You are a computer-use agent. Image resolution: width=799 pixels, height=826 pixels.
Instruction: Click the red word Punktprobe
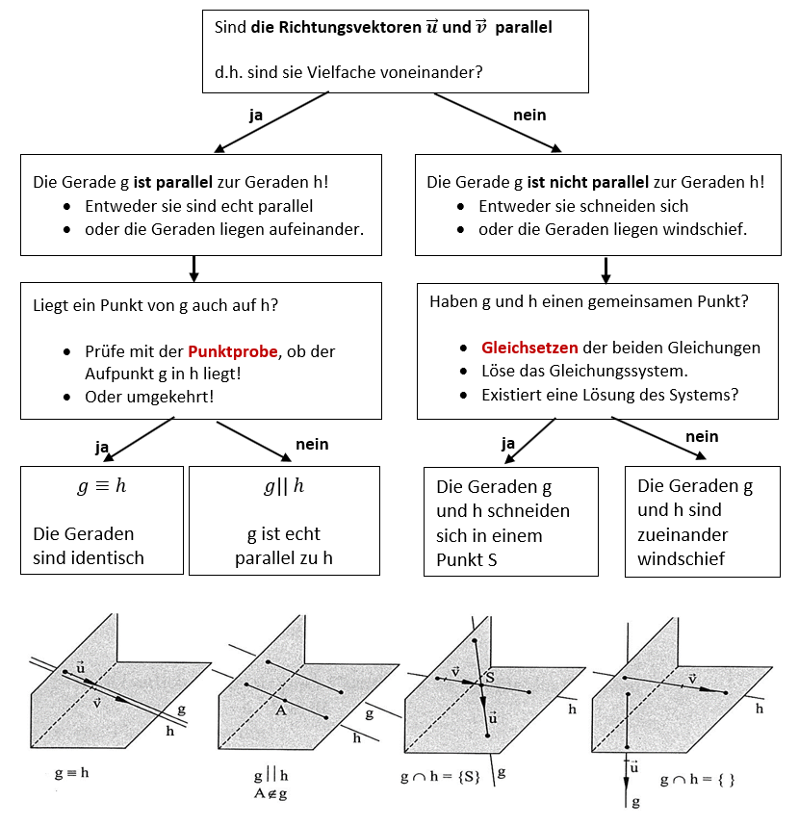[230, 351]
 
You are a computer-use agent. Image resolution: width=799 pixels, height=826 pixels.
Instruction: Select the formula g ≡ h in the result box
[101, 486]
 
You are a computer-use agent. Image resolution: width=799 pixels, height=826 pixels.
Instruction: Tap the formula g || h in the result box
[284, 486]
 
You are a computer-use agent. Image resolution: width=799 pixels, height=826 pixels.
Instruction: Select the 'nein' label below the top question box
[529, 115]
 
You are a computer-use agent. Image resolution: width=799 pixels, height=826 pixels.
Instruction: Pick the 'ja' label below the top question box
[256, 115]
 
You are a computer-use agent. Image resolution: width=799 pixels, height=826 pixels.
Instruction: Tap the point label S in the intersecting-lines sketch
[489, 678]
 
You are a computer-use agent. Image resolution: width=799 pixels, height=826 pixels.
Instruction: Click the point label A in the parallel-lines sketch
[282, 710]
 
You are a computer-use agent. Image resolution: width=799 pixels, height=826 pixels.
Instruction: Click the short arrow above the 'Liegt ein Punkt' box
[193, 268]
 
